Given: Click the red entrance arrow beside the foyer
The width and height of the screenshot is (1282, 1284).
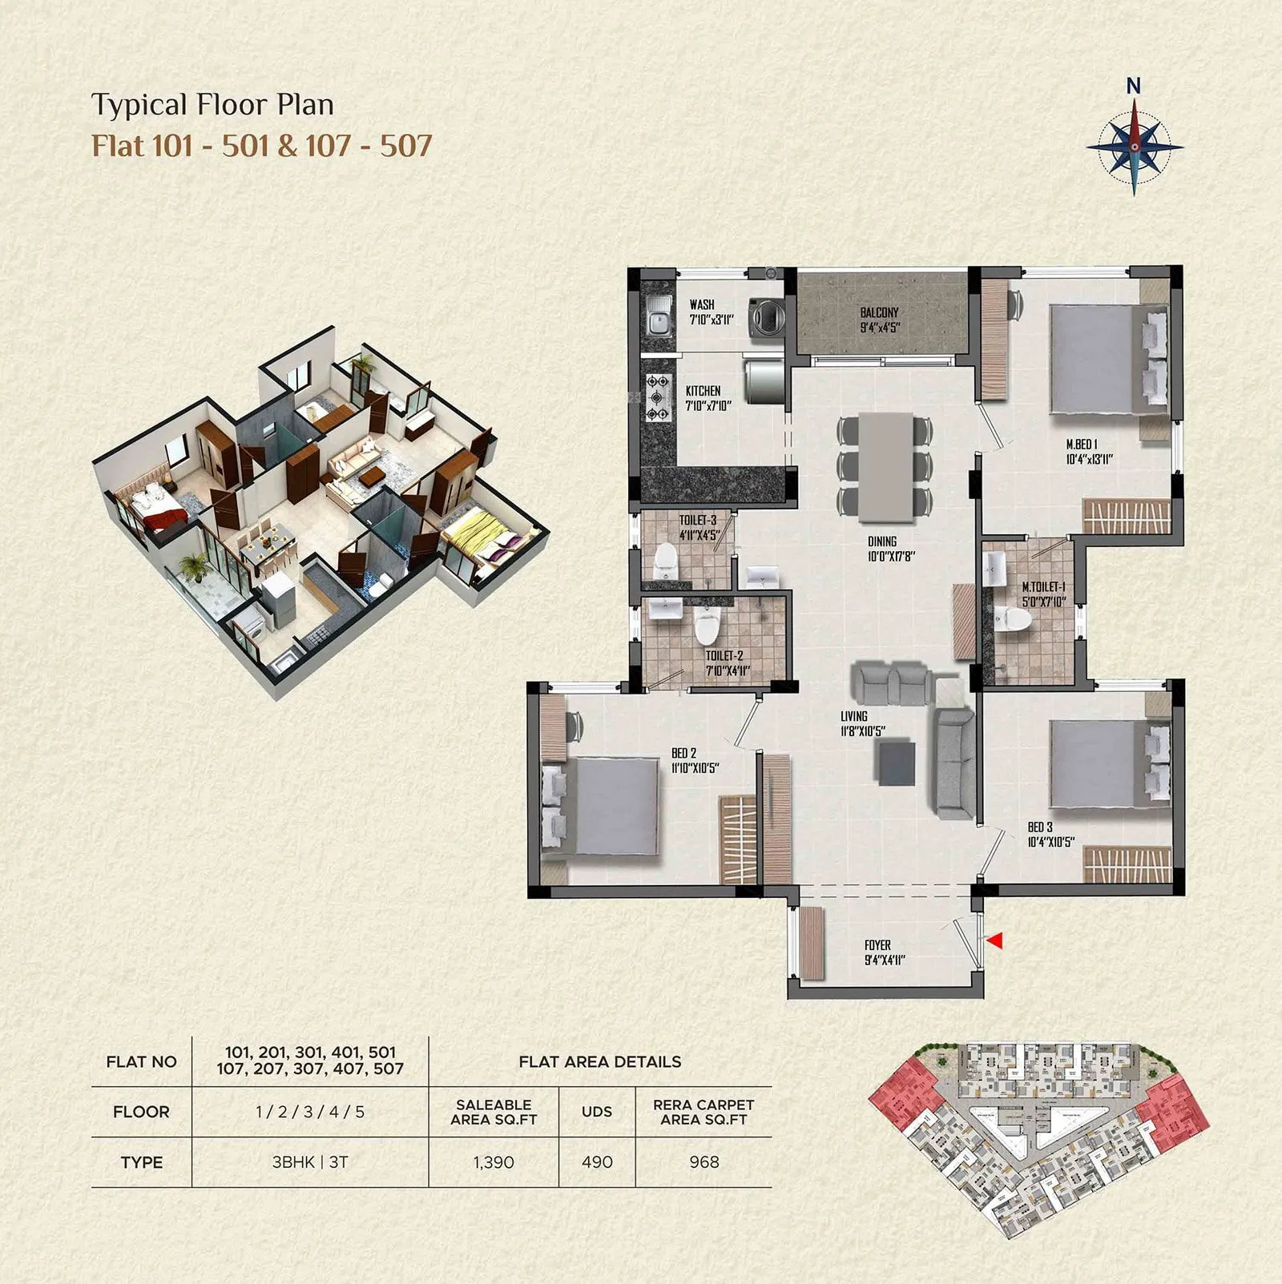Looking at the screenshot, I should (x=994, y=941).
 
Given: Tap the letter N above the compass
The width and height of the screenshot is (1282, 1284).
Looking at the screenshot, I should (x=1133, y=86).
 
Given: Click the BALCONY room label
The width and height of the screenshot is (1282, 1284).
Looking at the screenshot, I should (x=879, y=312).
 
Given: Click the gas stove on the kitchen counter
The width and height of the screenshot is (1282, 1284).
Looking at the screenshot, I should (x=658, y=398).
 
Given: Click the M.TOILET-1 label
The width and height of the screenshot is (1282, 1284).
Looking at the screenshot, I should (x=1043, y=586).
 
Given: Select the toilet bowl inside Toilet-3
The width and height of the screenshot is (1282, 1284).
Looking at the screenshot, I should (x=666, y=561).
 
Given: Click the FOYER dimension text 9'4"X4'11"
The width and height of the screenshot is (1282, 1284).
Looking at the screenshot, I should (x=884, y=960).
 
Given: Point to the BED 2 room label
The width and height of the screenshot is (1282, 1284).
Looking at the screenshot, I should (x=683, y=753).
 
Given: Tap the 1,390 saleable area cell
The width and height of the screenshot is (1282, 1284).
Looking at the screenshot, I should (x=494, y=1162).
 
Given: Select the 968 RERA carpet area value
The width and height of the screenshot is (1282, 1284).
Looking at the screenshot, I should (x=703, y=1162).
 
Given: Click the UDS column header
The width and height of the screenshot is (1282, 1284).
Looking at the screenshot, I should (x=597, y=1112).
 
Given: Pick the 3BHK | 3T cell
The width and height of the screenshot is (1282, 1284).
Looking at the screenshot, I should (x=310, y=1162).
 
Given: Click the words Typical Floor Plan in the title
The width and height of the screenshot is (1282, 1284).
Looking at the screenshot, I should (x=212, y=105).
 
